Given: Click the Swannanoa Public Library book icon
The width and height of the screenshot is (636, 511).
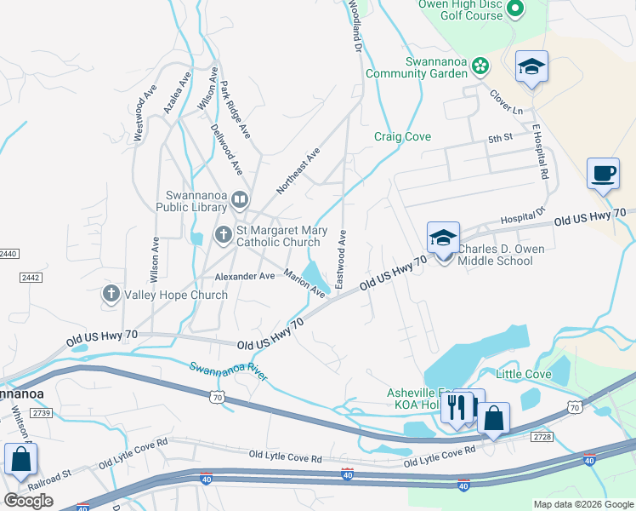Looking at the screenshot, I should [x=240, y=200].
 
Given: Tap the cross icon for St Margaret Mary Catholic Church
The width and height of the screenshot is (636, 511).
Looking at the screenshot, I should [x=223, y=233].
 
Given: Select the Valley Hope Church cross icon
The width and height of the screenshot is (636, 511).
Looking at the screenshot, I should [x=111, y=295].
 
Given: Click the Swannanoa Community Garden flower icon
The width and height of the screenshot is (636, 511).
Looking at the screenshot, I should [x=480, y=66].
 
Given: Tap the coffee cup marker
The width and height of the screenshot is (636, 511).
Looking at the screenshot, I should [x=603, y=175].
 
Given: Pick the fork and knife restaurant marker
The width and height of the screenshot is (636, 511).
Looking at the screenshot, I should [x=457, y=410].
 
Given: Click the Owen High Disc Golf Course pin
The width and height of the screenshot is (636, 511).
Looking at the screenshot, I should [x=514, y=9].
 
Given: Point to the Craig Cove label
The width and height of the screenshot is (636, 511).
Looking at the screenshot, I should [x=402, y=136].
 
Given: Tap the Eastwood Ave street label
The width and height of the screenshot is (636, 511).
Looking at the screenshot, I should [x=341, y=258].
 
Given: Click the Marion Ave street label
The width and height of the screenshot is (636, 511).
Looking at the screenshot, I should [x=304, y=284].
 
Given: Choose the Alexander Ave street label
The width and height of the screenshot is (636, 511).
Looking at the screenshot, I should [x=245, y=276].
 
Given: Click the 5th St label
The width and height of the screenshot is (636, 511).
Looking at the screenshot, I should [x=500, y=137].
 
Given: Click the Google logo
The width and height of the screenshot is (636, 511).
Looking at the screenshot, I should [x=28, y=501].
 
